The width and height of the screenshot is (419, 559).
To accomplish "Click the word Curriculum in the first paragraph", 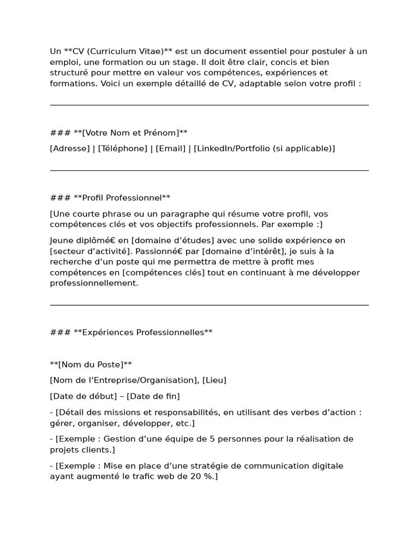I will [x=112, y=51].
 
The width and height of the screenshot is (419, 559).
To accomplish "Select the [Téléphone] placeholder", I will [x=123, y=148].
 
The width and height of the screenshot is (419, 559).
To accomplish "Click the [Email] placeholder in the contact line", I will [x=171, y=148].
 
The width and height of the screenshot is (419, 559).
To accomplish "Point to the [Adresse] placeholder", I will [x=70, y=148].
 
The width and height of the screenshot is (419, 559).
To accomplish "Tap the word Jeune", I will [x=61, y=241].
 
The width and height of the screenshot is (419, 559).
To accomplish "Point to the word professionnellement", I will [x=94, y=283].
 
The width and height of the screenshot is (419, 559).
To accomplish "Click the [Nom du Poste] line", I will [x=91, y=364].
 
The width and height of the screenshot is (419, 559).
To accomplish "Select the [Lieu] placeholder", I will [x=214, y=380].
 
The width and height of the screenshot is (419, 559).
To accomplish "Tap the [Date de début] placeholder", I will [x=83, y=396].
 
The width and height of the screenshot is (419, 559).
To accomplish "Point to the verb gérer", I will [x=62, y=423].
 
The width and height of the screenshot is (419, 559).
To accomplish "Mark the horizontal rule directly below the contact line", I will [x=209, y=170].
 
